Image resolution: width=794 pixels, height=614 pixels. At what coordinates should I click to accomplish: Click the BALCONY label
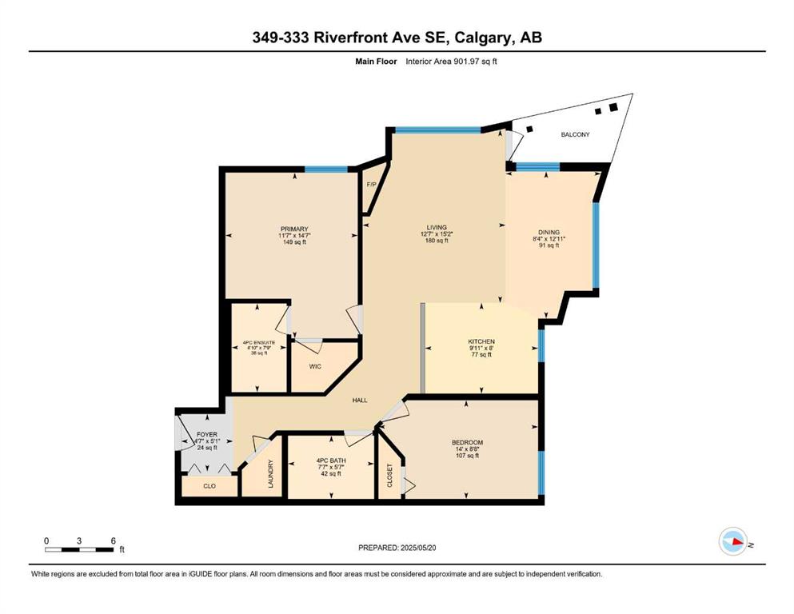point(575,134)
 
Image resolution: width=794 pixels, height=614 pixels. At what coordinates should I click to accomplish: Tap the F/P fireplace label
point(371,184)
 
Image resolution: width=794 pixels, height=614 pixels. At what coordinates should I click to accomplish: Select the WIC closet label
point(315,366)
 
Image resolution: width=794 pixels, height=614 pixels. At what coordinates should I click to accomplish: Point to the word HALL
point(360,401)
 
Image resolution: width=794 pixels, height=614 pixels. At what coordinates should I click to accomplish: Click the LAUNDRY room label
point(270,474)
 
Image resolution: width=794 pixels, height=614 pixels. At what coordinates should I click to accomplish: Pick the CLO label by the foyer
point(209,486)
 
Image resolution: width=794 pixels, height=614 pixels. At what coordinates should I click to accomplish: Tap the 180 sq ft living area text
point(437,241)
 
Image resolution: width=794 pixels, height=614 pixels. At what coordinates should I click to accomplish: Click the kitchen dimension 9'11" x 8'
point(481,349)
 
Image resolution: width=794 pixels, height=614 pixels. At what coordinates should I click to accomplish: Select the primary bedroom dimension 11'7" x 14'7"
point(294,235)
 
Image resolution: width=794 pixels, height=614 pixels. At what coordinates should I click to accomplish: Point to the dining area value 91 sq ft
point(549,245)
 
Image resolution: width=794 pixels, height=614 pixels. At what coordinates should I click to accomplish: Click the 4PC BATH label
point(331,460)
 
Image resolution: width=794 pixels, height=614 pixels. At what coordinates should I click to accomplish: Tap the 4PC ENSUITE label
point(259,343)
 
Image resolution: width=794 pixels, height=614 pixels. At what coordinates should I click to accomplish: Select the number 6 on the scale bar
point(114,540)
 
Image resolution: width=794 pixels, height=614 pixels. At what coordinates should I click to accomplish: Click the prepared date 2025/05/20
point(417,548)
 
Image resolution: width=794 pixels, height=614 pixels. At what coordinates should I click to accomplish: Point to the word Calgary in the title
point(484,38)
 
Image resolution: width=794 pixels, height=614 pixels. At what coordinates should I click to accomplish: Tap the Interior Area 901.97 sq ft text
point(451,62)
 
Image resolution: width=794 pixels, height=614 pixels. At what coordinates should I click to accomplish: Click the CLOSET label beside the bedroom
point(390,476)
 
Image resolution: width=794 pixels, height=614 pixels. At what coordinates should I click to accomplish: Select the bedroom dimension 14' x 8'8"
point(468,449)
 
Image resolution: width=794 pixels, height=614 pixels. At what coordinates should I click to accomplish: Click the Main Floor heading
point(377,62)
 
